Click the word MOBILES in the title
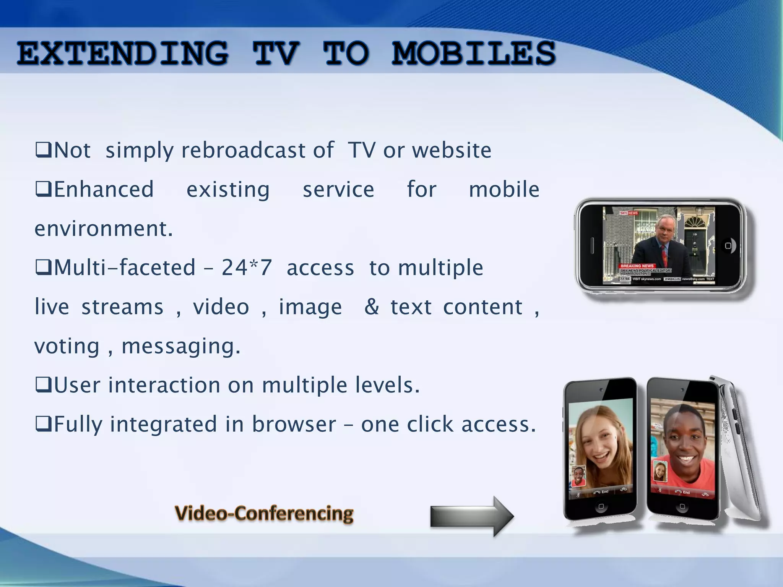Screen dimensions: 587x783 point(473,54)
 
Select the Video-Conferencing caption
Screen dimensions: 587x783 point(264,513)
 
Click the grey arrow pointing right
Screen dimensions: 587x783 point(472,516)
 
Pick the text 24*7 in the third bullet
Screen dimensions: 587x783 point(247,267)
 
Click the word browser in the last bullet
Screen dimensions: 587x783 point(294,424)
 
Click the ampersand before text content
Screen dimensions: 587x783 point(372,306)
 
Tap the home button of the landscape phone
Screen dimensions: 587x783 point(728,246)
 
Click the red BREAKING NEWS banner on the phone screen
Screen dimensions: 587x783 point(637,266)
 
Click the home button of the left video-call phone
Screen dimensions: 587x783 point(601,506)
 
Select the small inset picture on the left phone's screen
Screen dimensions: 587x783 point(578,476)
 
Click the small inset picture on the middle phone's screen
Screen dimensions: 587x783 point(660,471)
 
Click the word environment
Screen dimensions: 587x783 point(104,229)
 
